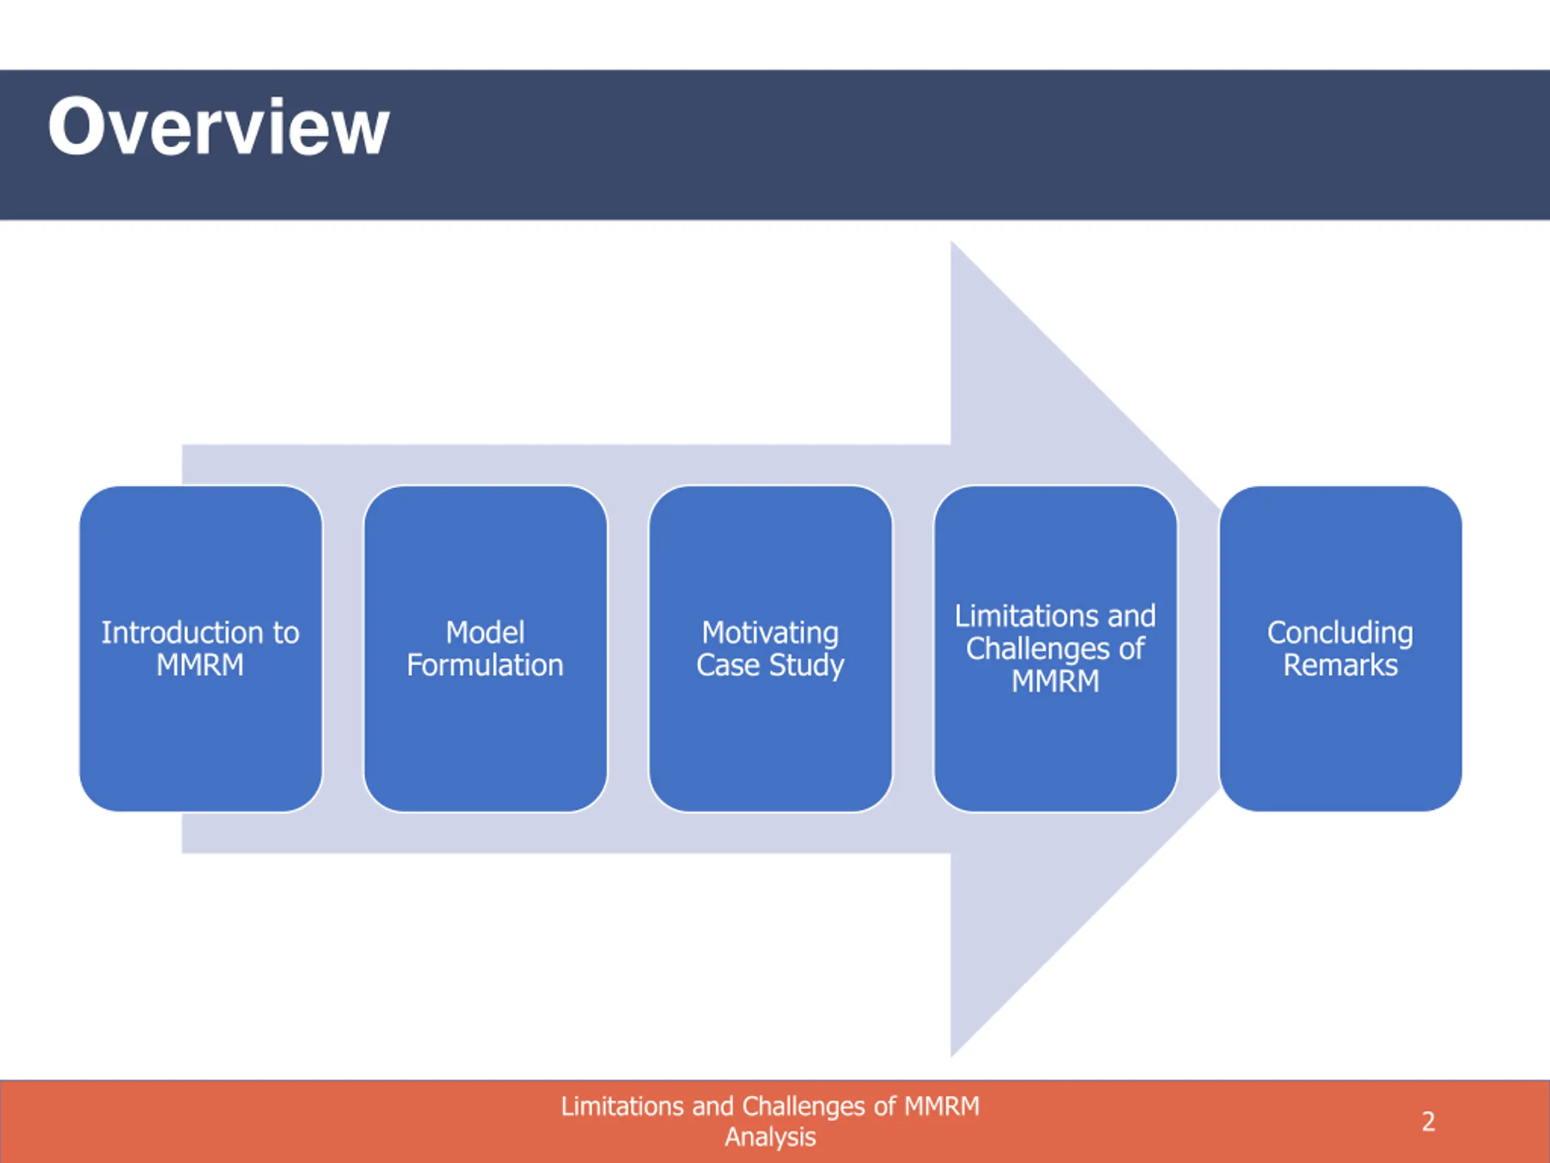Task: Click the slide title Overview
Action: tap(218, 127)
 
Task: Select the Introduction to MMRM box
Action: tap(201, 649)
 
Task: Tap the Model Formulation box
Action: tap(486, 649)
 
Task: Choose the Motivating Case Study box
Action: tap(771, 649)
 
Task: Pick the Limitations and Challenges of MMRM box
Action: tap(1055, 649)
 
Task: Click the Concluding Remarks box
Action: tap(1341, 649)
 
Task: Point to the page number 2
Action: tap(1428, 1122)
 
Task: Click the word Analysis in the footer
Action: tap(770, 1137)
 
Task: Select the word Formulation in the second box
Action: tap(485, 664)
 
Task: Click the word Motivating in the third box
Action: tap(770, 634)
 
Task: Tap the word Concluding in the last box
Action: tap(1340, 634)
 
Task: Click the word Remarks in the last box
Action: tap(1340, 664)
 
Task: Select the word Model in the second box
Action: tap(485, 632)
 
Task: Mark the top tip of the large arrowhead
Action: tap(952, 242)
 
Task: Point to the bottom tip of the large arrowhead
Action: tap(952, 1056)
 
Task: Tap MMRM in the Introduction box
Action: tap(200, 664)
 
